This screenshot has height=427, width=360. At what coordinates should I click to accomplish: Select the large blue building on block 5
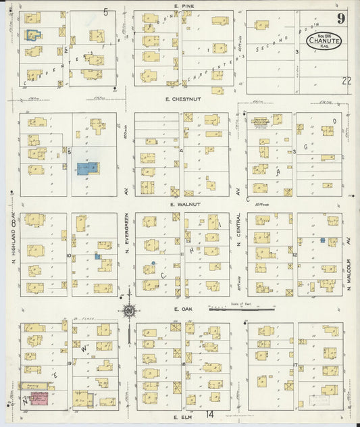(x=86, y=168)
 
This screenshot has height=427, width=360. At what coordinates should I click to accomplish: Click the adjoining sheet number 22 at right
(x=346, y=80)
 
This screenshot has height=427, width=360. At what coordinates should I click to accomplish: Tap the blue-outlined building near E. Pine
(x=32, y=34)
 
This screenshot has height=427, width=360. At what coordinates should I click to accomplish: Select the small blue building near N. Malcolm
(x=323, y=240)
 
